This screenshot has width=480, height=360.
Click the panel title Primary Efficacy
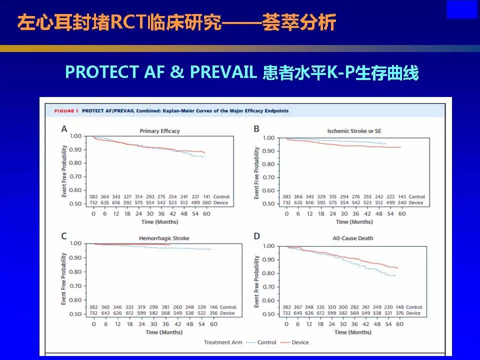click(159, 131)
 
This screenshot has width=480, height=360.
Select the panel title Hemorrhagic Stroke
click(165, 238)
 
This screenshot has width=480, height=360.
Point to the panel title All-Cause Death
click(353, 238)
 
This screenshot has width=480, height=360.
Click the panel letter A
click(64, 129)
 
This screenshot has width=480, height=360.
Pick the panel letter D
click(256, 236)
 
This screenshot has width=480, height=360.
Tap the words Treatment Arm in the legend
click(222, 342)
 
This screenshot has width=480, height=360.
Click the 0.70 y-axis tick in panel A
click(75, 176)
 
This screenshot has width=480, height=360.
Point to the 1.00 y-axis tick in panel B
click(268, 137)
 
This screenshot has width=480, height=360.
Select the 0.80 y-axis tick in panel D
click(268, 273)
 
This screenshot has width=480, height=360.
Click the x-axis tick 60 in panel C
click(213, 324)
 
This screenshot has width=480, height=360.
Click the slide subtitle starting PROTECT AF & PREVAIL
click(241, 72)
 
